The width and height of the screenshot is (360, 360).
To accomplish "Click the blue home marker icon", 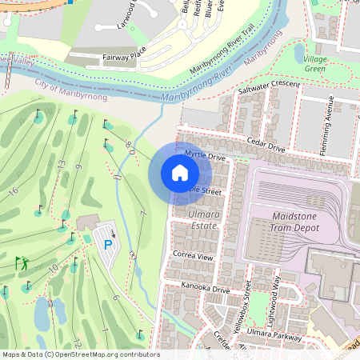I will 180,173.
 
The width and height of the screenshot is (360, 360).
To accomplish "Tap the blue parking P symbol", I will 108,244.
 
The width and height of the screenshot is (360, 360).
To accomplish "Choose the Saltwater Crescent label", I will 270,88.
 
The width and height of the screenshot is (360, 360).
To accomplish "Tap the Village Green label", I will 314,64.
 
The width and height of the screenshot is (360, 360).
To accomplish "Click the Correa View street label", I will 193,257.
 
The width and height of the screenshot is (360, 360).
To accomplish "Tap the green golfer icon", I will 22,262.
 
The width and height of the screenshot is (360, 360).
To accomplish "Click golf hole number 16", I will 12,192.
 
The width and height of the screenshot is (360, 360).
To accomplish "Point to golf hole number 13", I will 60,165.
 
